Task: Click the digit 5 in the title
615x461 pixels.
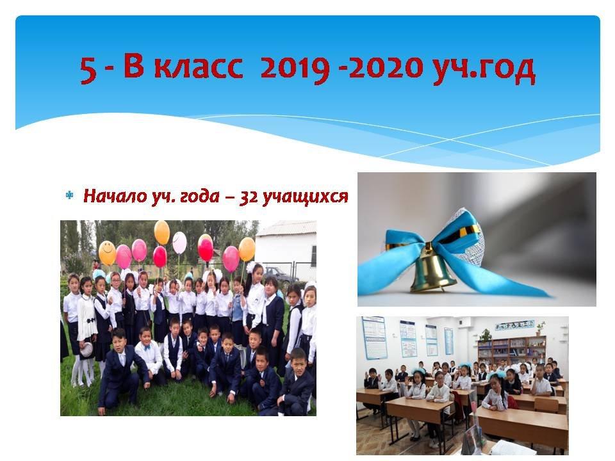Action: [x=88, y=70]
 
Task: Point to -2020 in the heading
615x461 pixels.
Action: [x=386, y=67]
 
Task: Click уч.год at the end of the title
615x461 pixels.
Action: [x=484, y=70]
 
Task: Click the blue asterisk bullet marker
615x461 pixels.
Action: [x=69, y=195]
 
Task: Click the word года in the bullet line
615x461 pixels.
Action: [x=196, y=197]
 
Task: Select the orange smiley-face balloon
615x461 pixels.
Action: [x=107, y=253]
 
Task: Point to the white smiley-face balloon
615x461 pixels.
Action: [x=179, y=243]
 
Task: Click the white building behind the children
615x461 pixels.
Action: [x=286, y=249]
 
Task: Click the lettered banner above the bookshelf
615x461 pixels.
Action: [x=514, y=324]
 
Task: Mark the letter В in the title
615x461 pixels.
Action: [x=134, y=67]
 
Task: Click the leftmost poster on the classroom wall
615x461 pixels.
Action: [x=373, y=337]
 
